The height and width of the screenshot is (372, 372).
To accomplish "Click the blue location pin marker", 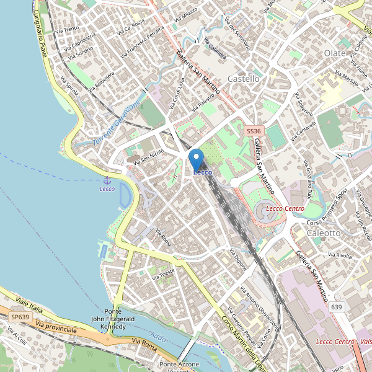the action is coord(197,158).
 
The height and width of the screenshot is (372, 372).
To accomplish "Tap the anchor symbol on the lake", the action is coord(107,180).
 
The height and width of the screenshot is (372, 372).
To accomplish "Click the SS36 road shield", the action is coord(254,131).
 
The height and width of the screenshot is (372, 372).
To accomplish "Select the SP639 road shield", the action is coord(20,317).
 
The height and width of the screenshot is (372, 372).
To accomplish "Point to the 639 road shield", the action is coord(336,307).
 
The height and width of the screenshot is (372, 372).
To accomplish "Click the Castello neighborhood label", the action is coord(244,79).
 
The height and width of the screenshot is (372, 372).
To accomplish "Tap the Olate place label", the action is coord(335,53).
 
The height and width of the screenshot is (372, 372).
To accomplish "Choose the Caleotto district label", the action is coord(324,232).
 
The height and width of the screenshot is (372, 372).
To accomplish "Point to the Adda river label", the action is coord(157,339).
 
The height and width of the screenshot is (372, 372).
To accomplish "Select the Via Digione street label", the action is coord(238,259).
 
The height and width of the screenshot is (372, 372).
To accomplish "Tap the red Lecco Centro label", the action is coord(285,208).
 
